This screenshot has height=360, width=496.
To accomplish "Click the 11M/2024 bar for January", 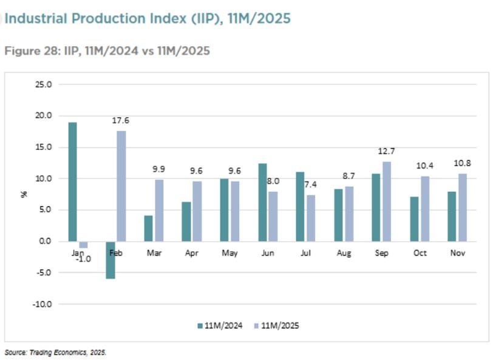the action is point(72,182).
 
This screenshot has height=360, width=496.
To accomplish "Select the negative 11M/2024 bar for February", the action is point(110,260).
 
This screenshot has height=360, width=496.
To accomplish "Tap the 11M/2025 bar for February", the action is point(121,186).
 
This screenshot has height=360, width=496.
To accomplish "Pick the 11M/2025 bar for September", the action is point(387,202).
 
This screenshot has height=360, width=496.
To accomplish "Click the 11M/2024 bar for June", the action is point(262,202).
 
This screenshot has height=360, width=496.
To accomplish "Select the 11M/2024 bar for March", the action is point(148,228).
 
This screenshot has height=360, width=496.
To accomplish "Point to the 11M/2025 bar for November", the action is point(463,208).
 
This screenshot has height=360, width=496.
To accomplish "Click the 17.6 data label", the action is point(121,121).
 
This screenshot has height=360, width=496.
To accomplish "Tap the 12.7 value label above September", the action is point(386,151).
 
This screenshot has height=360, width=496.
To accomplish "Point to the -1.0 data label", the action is point(84,259).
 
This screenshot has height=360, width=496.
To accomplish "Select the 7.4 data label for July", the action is point(310,185).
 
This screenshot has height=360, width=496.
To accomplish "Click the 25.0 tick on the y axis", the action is point(43,84).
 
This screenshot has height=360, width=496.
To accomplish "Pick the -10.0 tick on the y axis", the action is point(42,304).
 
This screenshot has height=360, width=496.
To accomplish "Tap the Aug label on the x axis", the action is point(344,253).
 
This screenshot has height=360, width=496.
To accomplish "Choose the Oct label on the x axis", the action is point(420,253).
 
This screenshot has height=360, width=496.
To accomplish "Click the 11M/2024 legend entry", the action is point(220,325).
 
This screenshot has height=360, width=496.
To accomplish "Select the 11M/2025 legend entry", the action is point(276,325).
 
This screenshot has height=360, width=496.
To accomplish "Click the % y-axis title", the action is point(24,194).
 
